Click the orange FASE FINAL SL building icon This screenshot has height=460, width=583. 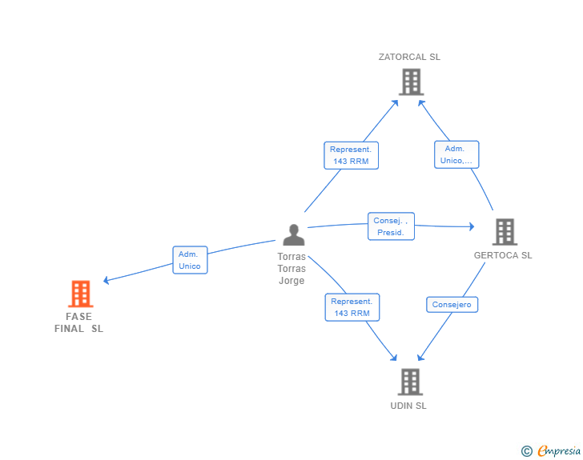coord(81,294)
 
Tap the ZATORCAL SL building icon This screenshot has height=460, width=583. coord(412,82)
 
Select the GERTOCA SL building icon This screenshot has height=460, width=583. coord(505,232)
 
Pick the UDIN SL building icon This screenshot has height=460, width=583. coord(411,382)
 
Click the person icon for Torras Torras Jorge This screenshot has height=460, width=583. coord(294,235)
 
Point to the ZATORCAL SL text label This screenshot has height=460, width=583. coord(409,57)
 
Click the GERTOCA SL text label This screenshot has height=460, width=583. coord(503,255)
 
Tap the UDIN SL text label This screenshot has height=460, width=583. coord(408,406)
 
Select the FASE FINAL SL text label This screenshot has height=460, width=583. coord(78,322)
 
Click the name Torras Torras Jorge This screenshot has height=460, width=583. coord(291,268)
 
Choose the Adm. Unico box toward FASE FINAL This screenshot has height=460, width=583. coord(190,260)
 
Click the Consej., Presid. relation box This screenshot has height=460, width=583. coord(391,226)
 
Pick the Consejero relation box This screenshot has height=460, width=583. coord(452,305)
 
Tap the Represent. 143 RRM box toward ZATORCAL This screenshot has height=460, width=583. coord(351,155)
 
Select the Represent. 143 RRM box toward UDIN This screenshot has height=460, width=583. coord(352,307)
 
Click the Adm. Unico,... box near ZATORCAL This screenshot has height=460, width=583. coord(456,154)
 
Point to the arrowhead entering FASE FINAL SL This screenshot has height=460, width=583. coord(106,280)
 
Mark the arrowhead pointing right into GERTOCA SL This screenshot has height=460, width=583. coord(472,226)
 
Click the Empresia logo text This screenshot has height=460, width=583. coord(559,450)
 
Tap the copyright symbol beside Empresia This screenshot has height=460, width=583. coord(527,451)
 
